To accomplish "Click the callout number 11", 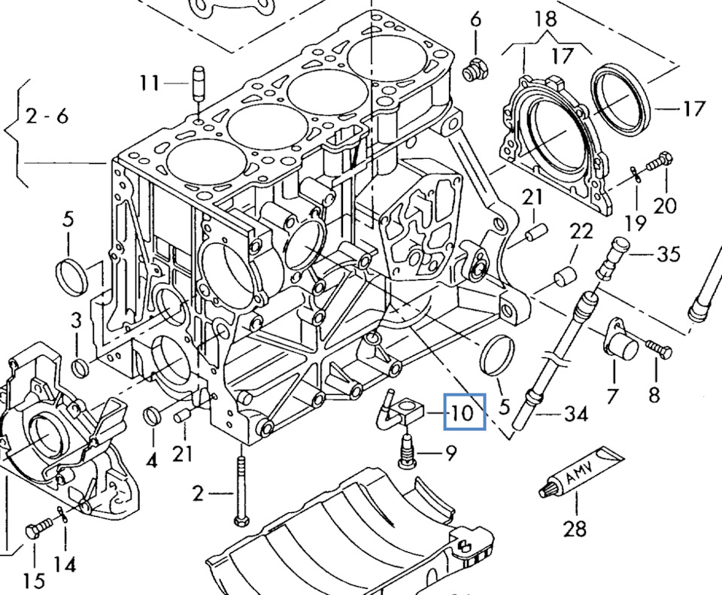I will pos(150,82).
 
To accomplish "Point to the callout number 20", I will pos(666,205).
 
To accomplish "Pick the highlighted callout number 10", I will pos(464,412).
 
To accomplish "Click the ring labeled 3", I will pos(81,368).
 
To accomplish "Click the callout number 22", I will pos(580,232).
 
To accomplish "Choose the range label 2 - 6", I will pos(46,116).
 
